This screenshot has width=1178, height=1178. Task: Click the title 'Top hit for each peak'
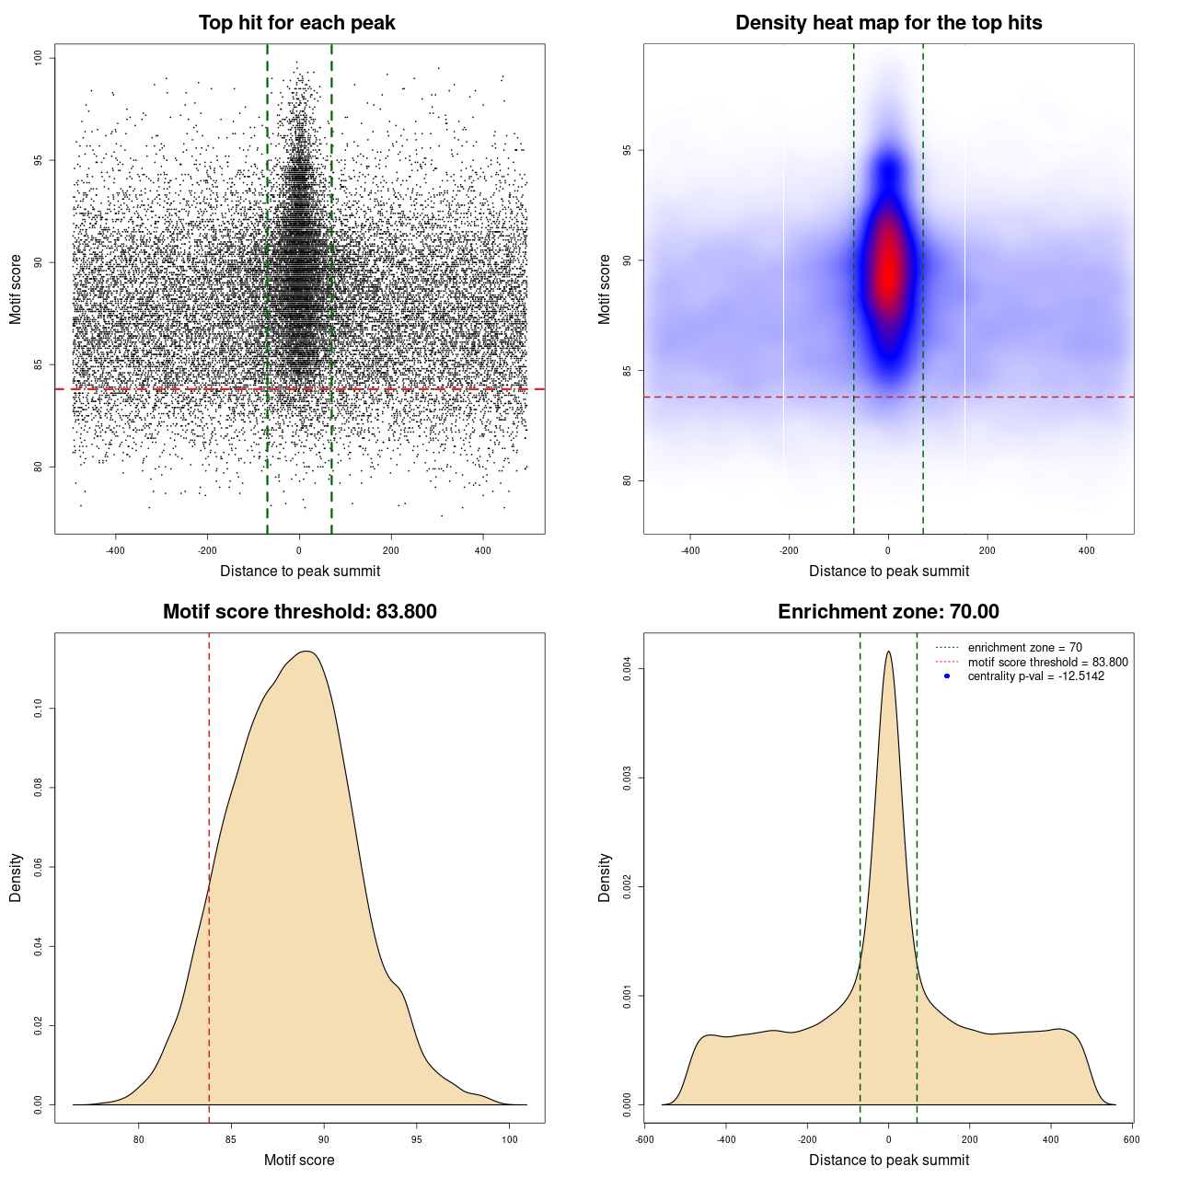coord(296,23)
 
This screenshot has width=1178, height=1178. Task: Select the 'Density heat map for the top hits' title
coord(888,23)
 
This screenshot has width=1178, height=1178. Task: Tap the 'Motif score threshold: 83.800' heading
coord(299,612)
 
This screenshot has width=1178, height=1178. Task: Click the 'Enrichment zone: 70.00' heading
coord(888,612)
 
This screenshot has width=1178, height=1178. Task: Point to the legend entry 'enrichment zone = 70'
coord(1024,648)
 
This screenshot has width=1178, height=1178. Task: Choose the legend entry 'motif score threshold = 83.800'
coord(1047,662)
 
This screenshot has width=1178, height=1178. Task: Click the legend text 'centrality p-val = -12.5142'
coord(1035,676)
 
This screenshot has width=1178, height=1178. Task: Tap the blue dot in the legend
coord(947,676)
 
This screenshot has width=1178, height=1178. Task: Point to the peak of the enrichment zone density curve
coord(888,653)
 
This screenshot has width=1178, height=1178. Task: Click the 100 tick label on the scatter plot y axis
coord(38,58)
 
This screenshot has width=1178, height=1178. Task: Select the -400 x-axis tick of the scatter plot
coord(115,550)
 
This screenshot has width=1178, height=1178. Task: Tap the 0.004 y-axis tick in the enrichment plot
coord(627,669)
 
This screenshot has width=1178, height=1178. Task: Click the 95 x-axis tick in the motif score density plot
coord(417,1139)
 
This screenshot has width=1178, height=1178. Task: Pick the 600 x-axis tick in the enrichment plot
coord(1131,1139)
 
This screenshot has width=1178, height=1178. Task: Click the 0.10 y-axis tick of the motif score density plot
coord(38,708)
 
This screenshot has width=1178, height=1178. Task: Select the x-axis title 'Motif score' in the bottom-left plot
coord(299,1160)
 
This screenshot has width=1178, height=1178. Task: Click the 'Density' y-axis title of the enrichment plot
coord(605,877)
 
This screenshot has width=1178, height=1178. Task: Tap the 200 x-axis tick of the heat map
coord(987,550)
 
